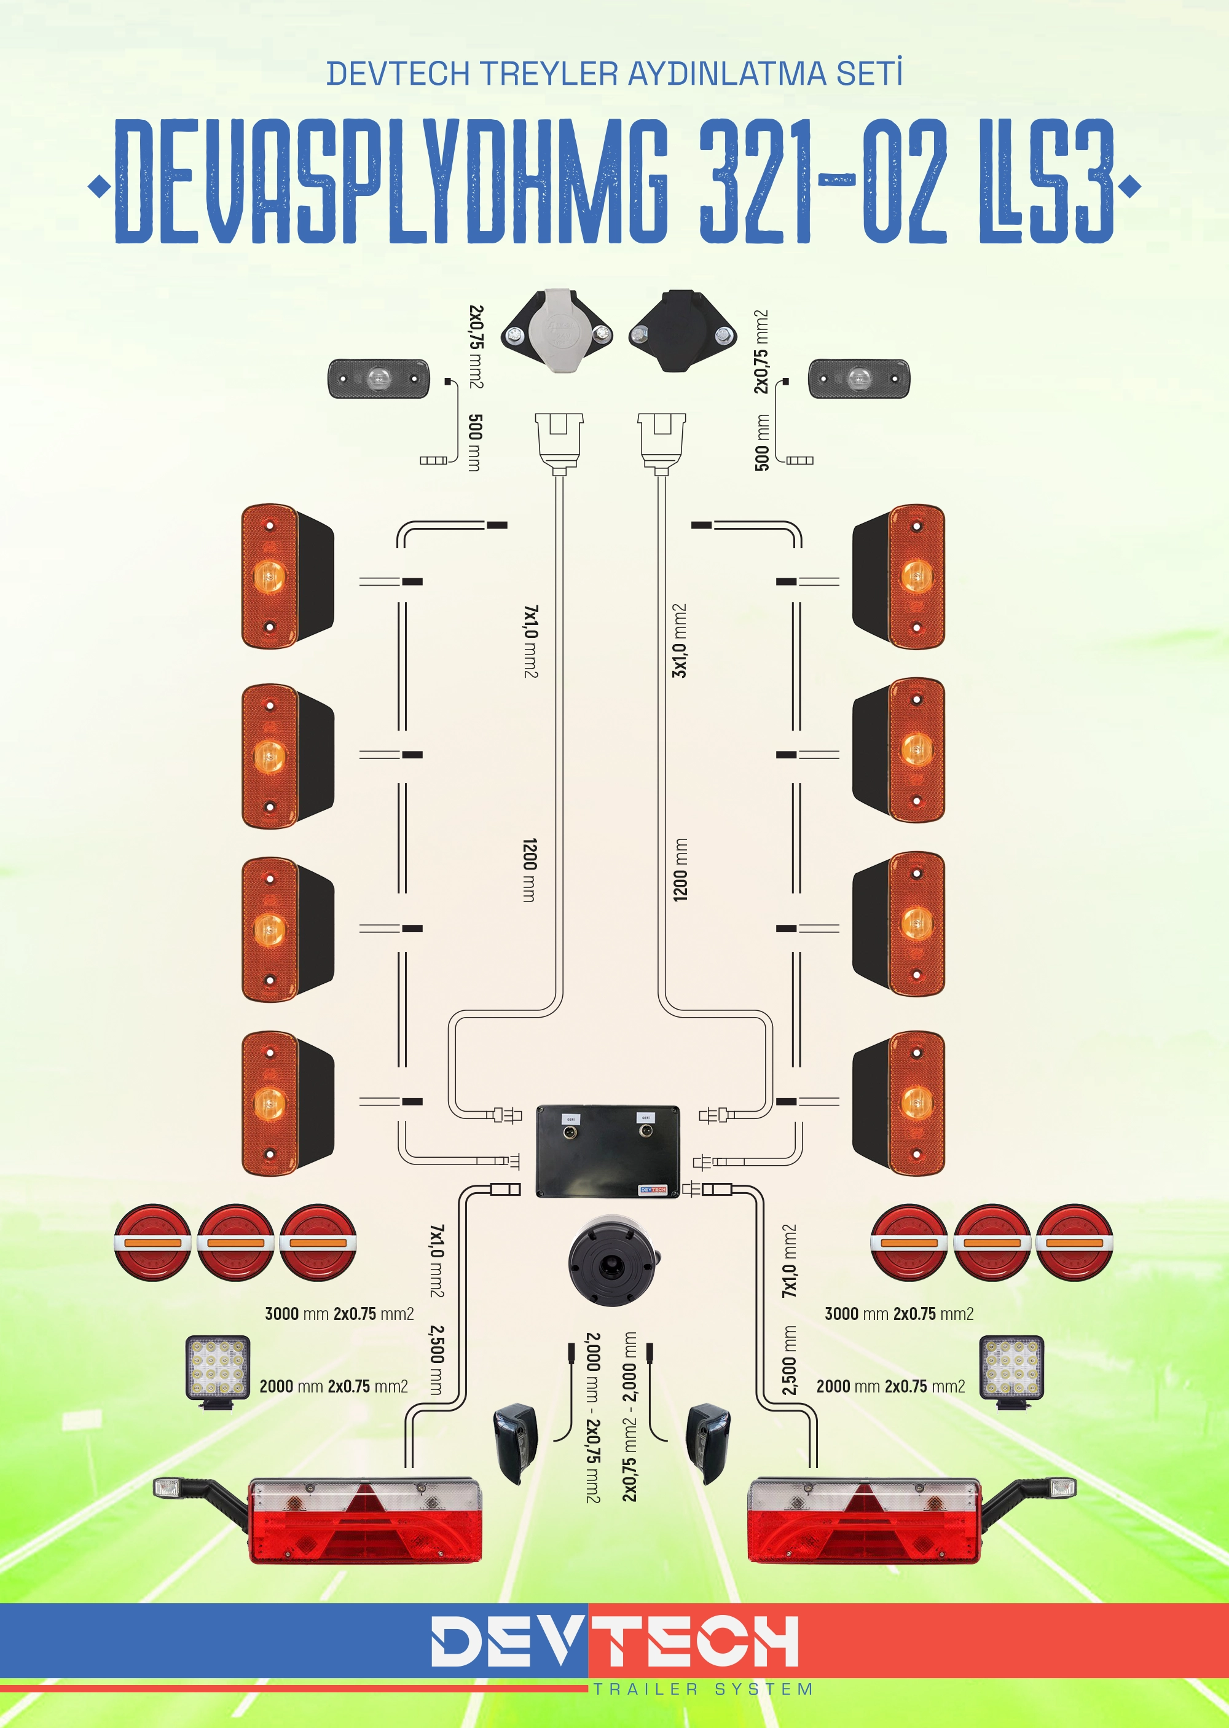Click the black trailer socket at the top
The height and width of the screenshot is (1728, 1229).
point(683,331)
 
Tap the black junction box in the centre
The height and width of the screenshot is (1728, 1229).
point(608,1151)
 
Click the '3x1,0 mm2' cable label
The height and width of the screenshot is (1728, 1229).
point(680,640)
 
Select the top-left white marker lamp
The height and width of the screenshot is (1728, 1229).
point(379,379)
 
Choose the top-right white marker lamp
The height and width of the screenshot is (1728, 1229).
point(859,379)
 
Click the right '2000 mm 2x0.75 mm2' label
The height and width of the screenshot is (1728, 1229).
point(891,1387)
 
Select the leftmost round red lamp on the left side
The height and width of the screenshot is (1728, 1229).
point(153,1243)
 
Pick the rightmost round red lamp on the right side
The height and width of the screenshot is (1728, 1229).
point(1074,1243)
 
